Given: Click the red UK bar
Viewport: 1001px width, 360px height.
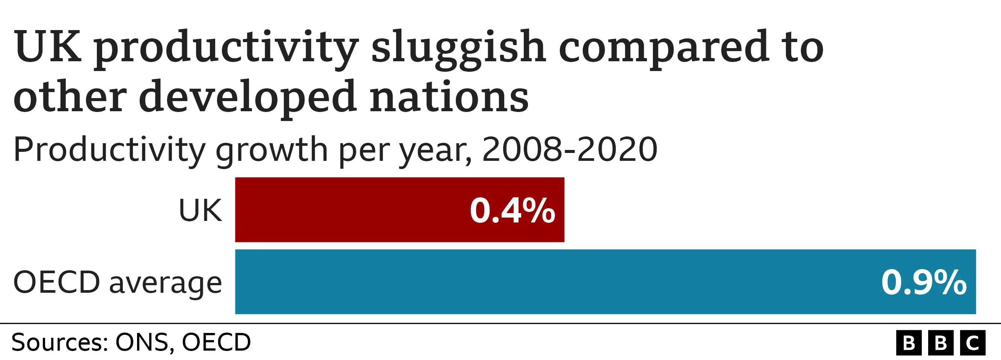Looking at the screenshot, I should click(350, 210).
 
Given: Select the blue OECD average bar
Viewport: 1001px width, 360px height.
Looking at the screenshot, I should click(544, 282).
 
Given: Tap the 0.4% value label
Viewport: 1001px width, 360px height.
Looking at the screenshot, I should click(512, 211).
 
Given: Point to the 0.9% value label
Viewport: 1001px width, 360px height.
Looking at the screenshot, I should click(924, 283).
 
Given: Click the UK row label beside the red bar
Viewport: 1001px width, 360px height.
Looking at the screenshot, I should click(200, 211).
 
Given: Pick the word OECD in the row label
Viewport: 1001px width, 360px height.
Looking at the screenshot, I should click(57, 283).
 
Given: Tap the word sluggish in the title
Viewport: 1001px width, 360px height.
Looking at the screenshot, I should click(458, 48).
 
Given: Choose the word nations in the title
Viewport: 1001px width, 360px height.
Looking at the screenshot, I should click(449, 97).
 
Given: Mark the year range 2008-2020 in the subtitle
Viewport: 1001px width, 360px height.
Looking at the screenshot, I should click(570, 150).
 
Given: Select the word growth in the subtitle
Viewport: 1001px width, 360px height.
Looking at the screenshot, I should click(271, 151).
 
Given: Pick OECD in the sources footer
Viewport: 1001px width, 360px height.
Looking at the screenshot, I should click(216, 342).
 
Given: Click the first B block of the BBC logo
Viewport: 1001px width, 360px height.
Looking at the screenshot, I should click(909, 343).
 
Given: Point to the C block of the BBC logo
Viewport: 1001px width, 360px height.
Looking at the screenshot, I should click(972, 343).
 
